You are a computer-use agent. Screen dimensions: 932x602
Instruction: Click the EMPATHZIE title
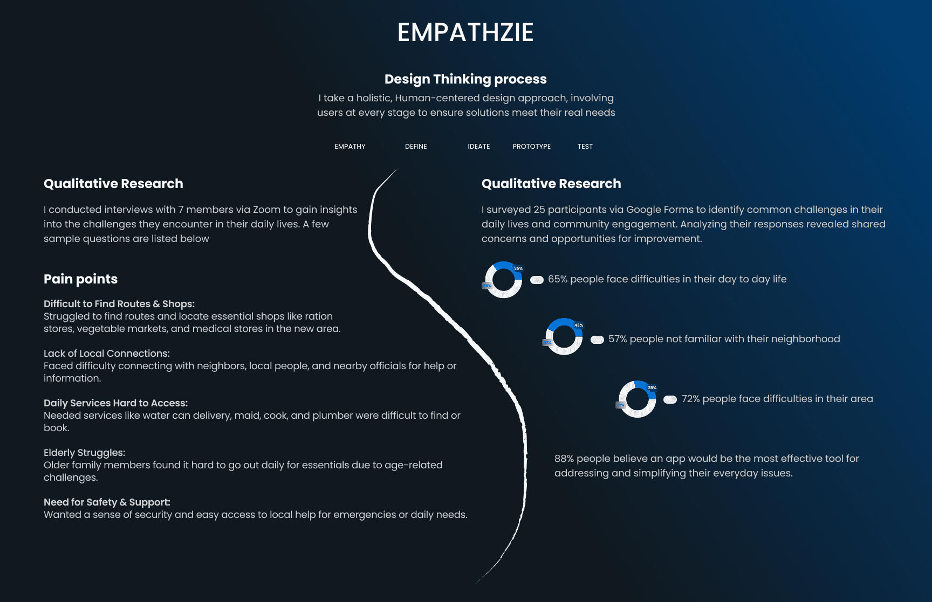(x=465, y=32)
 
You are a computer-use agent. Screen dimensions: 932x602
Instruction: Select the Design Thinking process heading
(x=465, y=79)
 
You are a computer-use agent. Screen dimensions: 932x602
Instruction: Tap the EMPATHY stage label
(x=350, y=147)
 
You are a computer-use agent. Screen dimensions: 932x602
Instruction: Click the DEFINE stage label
(x=416, y=147)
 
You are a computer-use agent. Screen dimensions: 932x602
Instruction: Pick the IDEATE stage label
(x=479, y=147)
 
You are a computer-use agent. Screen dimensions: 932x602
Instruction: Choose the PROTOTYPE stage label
(x=531, y=147)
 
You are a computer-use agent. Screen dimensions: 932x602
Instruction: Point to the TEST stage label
(x=585, y=147)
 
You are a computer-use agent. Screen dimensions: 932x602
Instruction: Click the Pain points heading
(x=80, y=279)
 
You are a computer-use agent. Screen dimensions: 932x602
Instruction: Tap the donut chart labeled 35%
(x=503, y=280)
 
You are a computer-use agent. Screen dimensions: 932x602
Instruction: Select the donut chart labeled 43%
(x=564, y=337)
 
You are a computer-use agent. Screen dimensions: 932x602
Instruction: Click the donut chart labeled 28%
(x=637, y=399)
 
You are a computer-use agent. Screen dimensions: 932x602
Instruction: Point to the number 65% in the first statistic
(x=558, y=279)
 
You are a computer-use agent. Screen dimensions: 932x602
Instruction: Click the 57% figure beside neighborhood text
(x=618, y=339)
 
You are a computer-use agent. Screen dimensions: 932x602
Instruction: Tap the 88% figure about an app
(x=564, y=459)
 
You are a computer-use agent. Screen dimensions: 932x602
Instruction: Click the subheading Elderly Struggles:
(x=84, y=453)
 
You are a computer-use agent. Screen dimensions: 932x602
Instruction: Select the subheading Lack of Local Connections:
(x=107, y=354)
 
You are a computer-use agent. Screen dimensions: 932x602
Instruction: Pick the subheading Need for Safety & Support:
(x=107, y=502)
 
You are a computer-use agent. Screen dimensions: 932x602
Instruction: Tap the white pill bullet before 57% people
(x=597, y=340)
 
